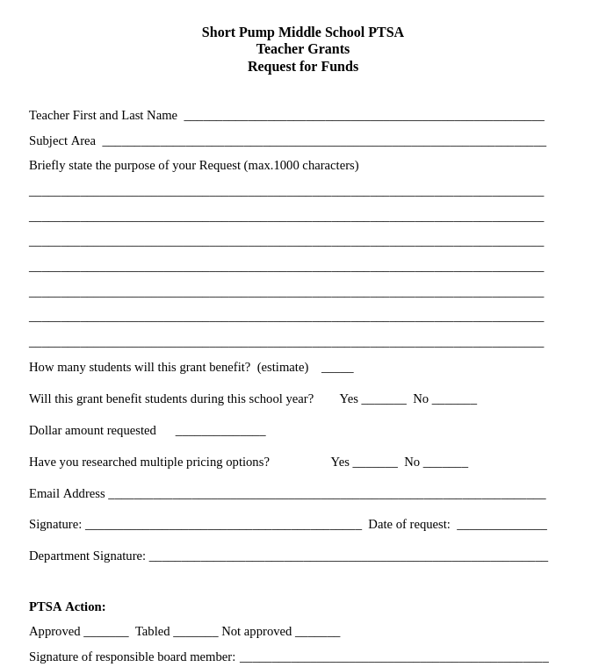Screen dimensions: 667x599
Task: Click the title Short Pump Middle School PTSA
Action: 302,32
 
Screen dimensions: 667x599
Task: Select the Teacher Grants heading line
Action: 302,49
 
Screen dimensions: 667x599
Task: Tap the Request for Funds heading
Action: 302,67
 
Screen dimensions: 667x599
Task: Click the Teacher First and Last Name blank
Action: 364,116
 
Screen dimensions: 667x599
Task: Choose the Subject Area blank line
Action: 323,141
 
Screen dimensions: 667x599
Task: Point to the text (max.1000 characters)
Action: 301,165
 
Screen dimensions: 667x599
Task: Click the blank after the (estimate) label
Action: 337,368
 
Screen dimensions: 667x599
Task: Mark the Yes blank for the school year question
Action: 384,399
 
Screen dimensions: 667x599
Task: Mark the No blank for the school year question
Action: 454,399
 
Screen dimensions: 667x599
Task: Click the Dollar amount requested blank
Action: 220,431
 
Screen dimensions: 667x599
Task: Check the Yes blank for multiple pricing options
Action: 375,463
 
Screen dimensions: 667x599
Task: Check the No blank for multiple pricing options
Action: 445,463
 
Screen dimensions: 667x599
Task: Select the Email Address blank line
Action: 327,494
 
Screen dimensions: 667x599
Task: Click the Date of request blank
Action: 502,525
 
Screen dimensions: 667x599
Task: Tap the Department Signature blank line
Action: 348,556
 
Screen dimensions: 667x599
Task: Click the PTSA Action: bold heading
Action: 68,606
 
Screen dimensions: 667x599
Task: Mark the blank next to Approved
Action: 106,632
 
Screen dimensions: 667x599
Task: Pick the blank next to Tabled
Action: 196,632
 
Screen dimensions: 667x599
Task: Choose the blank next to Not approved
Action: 317,632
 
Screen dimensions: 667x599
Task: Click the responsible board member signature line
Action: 393,657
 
